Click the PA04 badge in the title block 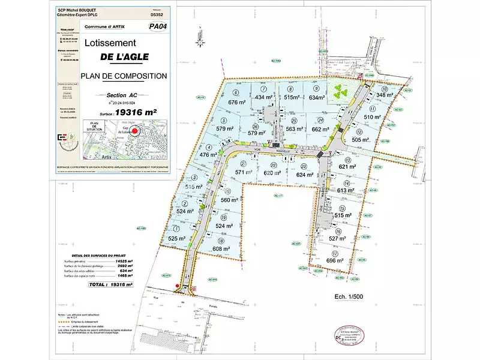158,26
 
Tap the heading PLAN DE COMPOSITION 124,76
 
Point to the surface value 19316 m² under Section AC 136,112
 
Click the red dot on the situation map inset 135,131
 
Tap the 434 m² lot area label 265,97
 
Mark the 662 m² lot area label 320,128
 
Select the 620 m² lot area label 272,173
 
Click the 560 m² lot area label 230,200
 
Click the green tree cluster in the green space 341,92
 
